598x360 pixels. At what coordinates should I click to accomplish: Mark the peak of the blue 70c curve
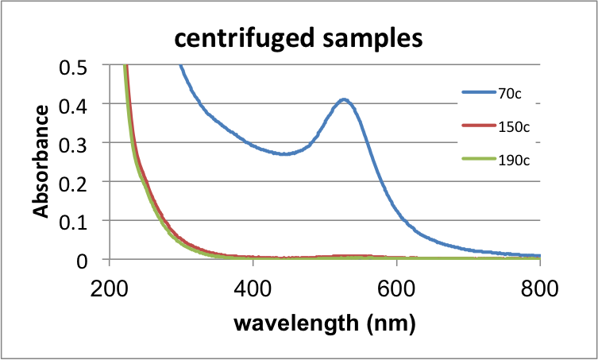[x=344, y=99]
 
